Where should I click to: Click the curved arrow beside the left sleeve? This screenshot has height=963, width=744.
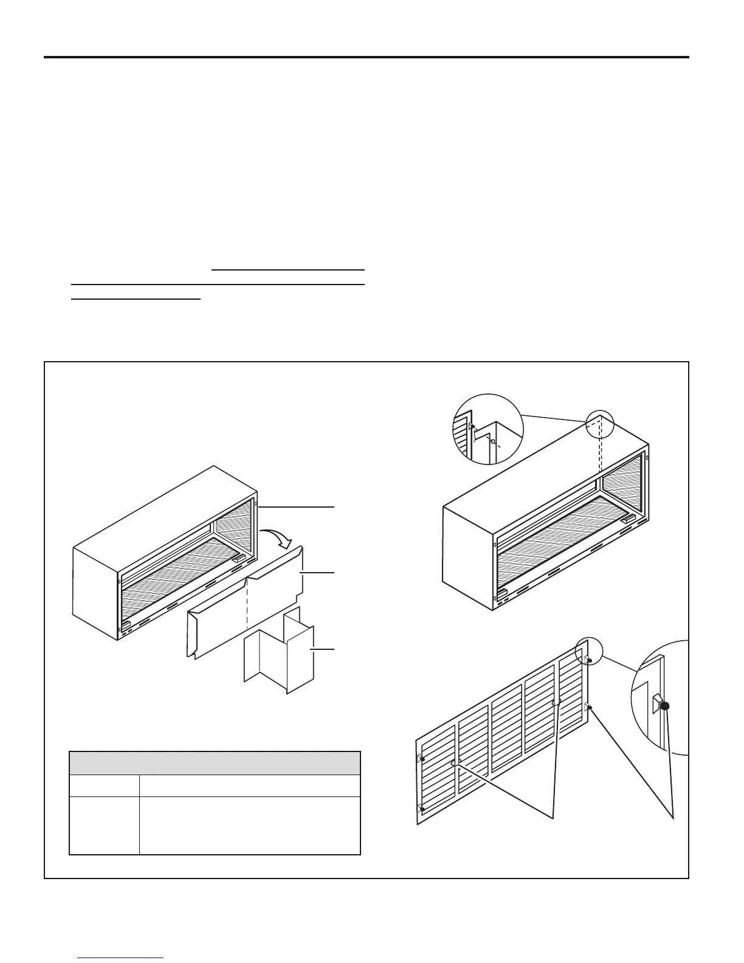(x=274, y=536)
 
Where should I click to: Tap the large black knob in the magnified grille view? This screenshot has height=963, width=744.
(x=664, y=706)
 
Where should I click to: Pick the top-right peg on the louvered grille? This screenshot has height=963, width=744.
(x=588, y=660)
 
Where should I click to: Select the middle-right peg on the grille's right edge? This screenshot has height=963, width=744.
(x=588, y=707)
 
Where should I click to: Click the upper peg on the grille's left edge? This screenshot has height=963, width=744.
(x=421, y=759)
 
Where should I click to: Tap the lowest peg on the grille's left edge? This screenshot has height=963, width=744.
(x=421, y=809)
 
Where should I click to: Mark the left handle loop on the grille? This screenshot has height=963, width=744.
(x=456, y=762)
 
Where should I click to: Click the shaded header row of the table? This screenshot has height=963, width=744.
(x=215, y=763)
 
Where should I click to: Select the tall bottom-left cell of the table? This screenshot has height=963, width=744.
(x=104, y=826)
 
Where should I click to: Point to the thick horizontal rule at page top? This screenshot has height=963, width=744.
(x=367, y=58)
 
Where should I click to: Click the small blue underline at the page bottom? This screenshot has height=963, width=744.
(x=121, y=958)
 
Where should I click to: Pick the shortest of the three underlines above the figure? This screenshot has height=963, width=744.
(x=136, y=299)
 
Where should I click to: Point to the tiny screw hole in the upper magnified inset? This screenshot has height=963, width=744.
(x=493, y=441)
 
